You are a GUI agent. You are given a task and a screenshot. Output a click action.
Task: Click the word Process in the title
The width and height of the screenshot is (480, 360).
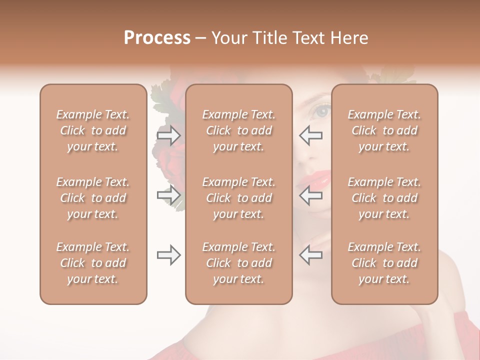pos(157,38)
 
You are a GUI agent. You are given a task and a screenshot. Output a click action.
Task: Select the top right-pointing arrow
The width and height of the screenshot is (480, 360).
pos(168,135)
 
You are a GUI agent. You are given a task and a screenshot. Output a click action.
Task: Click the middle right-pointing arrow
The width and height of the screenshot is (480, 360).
pos(168,195)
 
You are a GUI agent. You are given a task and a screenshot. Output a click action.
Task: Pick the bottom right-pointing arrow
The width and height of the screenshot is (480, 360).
pos(168,255)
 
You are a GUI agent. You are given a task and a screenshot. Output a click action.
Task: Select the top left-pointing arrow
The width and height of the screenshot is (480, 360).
pos(311,135)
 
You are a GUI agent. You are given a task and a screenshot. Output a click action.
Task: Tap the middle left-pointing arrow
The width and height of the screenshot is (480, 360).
pos(311,195)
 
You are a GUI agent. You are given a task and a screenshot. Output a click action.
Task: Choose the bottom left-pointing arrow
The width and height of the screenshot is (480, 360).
pos(311,255)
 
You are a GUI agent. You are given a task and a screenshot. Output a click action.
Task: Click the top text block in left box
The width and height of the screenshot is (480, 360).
pos(93,130)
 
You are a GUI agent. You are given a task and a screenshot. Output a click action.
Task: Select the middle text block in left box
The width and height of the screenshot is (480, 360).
pos(93,198)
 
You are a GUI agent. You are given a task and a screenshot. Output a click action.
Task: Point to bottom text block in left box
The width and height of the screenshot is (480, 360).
pos(93,263)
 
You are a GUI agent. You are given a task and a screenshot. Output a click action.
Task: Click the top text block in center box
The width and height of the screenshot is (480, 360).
pos(239,130)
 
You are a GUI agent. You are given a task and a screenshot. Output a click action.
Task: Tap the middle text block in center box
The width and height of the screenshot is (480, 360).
pos(239,198)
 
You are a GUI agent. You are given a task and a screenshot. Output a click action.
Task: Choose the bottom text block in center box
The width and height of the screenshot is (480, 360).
pos(239,263)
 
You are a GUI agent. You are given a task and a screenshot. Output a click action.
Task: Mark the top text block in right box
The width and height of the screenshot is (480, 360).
pos(384,130)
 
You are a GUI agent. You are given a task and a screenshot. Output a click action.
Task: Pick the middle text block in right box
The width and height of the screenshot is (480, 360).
pos(384,198)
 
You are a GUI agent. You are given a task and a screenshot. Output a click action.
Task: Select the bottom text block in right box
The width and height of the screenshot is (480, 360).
pos(384,263)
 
